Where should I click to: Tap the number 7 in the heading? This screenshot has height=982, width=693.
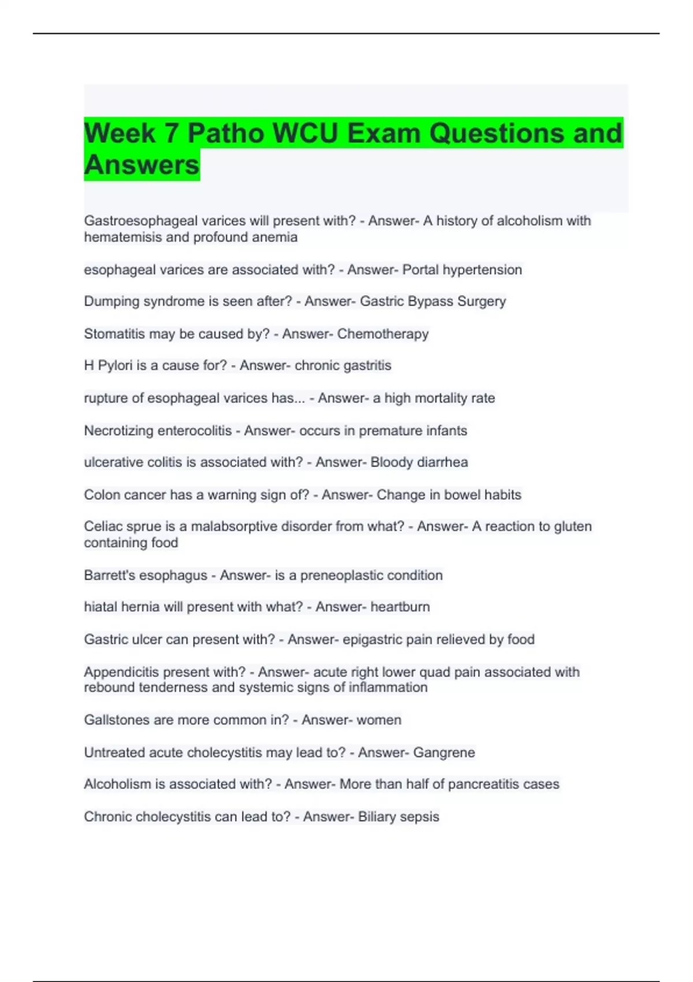click(x=171, y=133)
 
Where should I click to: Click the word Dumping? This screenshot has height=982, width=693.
click(x=112, y=302)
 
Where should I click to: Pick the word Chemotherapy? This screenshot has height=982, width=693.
click(x=383, y=334)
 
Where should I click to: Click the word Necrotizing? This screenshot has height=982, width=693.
click(x=119, y=430)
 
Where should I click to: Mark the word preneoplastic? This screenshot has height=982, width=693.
click(x=341, y=575)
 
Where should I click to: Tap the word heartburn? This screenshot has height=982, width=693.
click(x=400, y=607)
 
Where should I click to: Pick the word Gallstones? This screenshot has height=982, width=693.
click(x=117, y=720)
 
